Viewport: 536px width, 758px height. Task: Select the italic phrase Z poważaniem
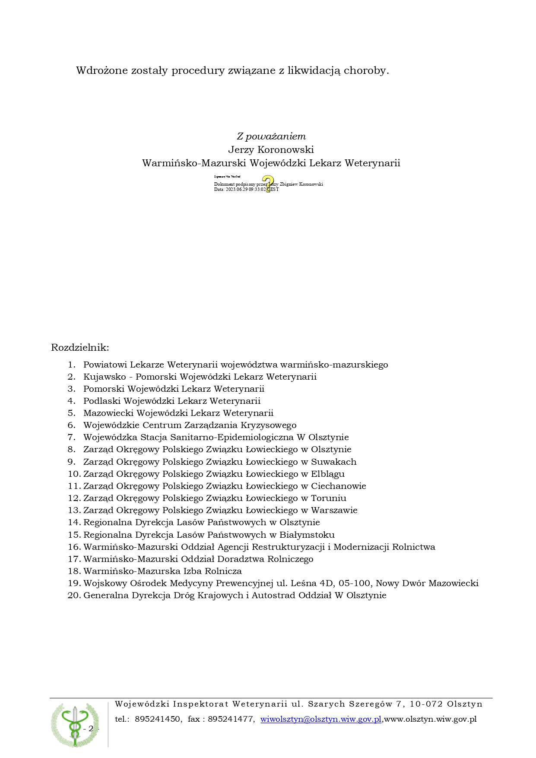pos(271,136)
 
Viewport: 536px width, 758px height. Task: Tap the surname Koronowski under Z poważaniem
pos(285,150)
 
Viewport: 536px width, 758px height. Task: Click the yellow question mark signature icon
pos(268,184)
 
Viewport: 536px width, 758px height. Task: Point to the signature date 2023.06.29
pos(237,190)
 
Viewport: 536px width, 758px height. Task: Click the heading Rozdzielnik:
pos(80,348)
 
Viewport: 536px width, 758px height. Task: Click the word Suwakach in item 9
pos(334,462)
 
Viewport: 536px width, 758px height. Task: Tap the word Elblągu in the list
pos(328,474)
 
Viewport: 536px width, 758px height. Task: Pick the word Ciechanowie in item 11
pos(339,486)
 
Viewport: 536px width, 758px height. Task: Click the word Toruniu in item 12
pos(329,498)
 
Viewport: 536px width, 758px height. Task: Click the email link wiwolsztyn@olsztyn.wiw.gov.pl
pos(321,719)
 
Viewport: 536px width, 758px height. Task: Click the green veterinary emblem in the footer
pos(75,724)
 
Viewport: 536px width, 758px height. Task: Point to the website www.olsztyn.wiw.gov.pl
pos(430,719)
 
